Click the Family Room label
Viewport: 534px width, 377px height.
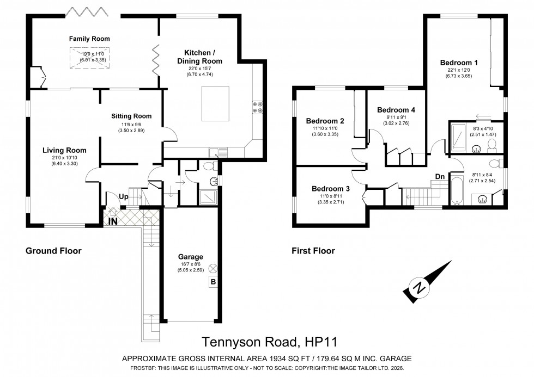89,39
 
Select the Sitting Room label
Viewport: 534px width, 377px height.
131,116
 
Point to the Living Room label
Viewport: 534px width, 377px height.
65,150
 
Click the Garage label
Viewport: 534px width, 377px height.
190,257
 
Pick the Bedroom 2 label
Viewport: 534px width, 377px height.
325,121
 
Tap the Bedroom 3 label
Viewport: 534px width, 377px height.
331,189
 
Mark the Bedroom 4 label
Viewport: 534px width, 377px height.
396,110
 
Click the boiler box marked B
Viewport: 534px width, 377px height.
212,282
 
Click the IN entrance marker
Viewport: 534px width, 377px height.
113,221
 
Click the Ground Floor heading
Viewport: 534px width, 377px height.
53,251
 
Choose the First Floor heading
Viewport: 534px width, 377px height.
313,251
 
